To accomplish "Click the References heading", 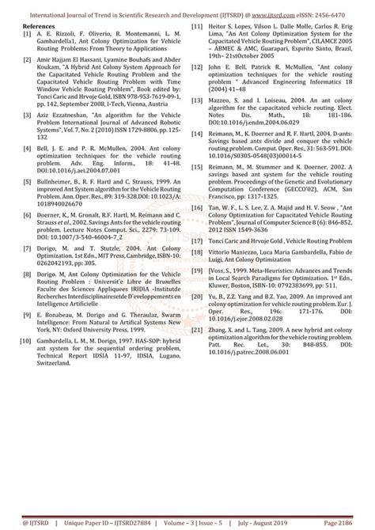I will point(38,26).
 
